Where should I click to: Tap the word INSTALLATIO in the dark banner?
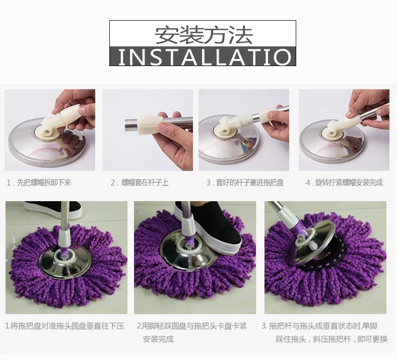click(x=203, y=56)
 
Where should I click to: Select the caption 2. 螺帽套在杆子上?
click(x=140, y=183)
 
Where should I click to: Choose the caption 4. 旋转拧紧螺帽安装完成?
click(x=344, y=183)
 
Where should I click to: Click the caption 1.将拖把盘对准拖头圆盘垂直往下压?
click(x=64, y=326)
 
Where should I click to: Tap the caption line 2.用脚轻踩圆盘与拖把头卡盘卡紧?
click(x=192, y=326)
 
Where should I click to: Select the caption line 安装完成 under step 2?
click(x=158, y=339)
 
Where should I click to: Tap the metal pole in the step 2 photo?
click(x=176, y=121)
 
